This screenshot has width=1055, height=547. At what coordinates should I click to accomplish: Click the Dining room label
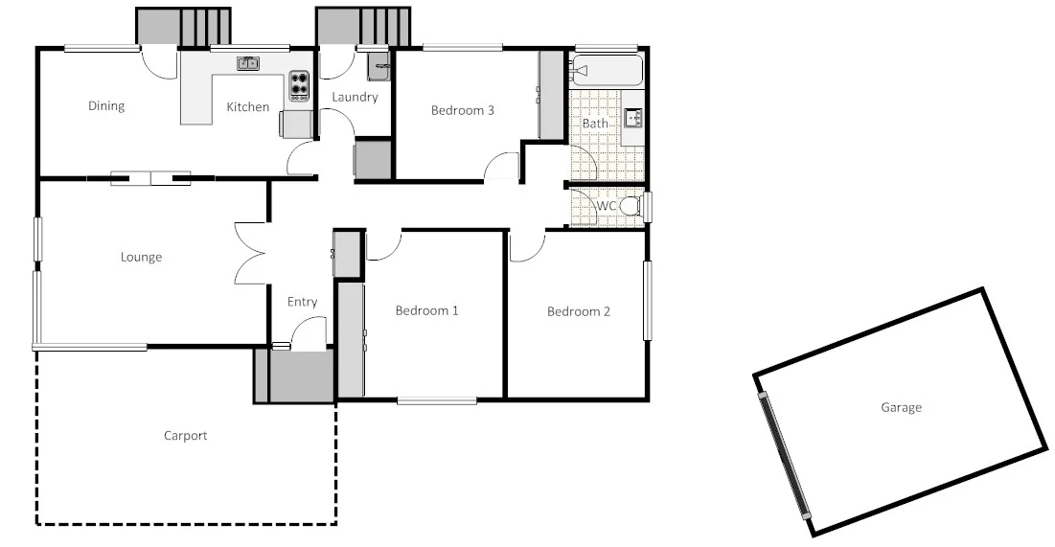pos(106,105)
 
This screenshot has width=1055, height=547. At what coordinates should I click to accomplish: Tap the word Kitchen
pos(247,107)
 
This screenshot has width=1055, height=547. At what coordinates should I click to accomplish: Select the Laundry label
pos(355,97)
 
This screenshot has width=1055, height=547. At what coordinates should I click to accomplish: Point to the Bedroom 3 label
pos(463,110)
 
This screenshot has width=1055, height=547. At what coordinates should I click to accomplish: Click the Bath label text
pos(595,124)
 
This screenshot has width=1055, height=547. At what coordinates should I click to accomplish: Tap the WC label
pos(606,206)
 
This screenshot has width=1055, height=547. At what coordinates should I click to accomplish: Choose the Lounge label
pos(141,257)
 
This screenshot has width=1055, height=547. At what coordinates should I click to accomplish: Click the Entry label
pos(302,302)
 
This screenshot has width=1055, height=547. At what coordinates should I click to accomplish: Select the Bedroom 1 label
pos(427,310)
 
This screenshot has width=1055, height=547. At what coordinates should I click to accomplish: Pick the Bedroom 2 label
pos(579,311)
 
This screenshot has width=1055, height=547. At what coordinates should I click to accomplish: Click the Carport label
pos(185,436)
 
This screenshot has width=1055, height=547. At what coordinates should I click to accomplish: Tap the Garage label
pos(901,407)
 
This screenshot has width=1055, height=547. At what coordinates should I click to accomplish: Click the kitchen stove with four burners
pos(300,86)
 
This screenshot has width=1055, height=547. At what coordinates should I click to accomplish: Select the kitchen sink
pos(248,63)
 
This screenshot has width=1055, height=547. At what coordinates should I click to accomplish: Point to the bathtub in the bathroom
pos(607,70)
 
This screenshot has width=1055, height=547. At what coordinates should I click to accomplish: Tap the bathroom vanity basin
pos(633,118)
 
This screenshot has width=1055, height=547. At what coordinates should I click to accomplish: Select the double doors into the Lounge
pos(250,253)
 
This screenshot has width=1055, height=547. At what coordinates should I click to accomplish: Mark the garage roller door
pos(784,455)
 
